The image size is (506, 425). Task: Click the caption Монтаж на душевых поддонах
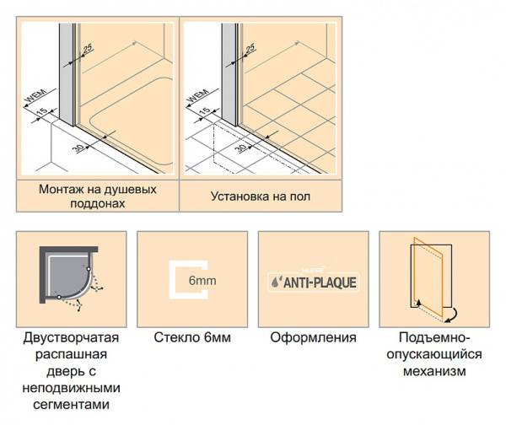(97, 196)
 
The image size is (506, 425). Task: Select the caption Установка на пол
(261, 196)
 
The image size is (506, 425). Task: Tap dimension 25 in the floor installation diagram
(250, 48)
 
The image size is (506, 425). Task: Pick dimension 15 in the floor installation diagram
(203, 111)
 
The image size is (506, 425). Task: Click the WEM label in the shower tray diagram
(31, 98)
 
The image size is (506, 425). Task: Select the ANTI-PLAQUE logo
(313, 282)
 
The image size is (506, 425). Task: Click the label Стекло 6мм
(192, 338)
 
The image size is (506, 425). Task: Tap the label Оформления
(313, 338)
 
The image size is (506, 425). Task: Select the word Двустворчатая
(71, 338)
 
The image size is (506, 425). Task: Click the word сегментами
(71, 405)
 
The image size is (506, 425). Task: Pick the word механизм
(433, 371)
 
